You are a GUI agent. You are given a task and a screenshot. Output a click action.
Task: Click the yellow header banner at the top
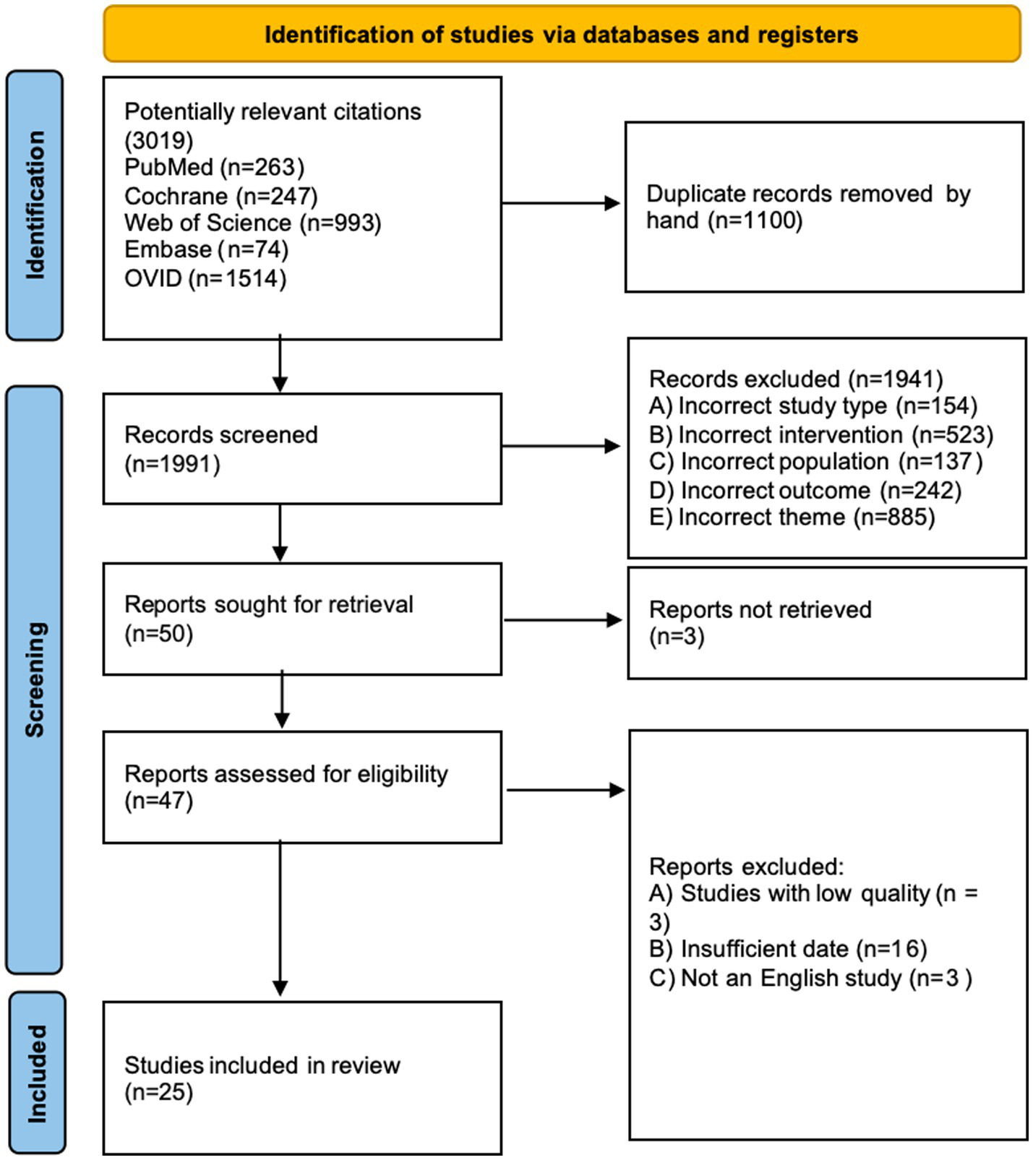pos(562,34)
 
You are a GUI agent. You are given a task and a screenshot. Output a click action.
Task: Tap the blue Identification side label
pos(35,205)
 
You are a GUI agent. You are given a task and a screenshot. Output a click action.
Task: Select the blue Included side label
pos(36,1073)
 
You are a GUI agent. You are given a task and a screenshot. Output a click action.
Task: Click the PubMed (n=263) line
pos(214,168)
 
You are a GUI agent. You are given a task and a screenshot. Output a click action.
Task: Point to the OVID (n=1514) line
pos(205,278)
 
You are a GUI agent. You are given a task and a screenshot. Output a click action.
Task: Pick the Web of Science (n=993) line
pos(252,223)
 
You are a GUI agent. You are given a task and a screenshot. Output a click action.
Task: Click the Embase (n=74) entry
pos(206,250)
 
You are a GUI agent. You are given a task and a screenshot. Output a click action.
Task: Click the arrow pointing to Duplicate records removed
pos(561,204)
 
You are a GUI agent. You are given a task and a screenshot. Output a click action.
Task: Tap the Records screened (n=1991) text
pos(220,448)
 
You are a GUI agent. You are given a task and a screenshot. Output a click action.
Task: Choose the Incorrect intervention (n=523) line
pos(820,435)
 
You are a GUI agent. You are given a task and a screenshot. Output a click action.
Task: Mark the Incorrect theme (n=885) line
pos(792,517)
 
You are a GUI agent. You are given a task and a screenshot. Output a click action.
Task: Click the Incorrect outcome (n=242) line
pos(805,491)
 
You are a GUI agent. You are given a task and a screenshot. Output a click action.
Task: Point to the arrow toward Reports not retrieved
pos(562,620)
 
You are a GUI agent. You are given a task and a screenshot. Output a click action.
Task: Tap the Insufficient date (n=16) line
pos(787,949)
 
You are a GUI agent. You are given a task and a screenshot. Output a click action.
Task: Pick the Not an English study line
pos(810,978)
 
